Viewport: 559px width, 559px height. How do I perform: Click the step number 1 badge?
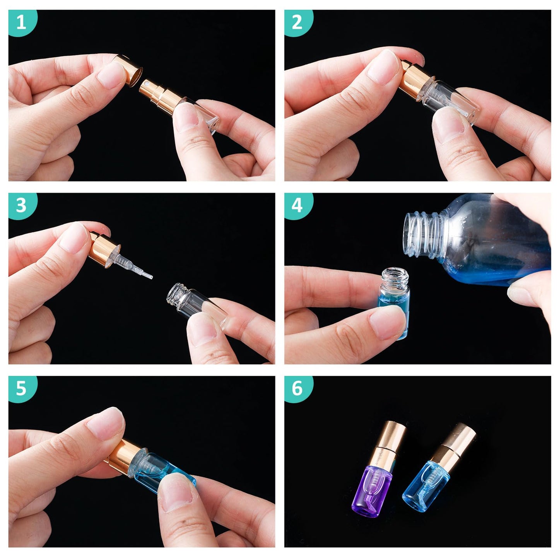(22, 22)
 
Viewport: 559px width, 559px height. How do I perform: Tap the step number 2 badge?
(297, 22)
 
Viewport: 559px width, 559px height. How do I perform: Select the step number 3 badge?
(22, 205)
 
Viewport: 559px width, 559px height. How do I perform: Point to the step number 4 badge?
(297, 205)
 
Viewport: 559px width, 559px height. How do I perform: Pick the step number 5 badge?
(22, 389)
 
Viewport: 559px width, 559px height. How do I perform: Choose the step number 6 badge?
(297, 389)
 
